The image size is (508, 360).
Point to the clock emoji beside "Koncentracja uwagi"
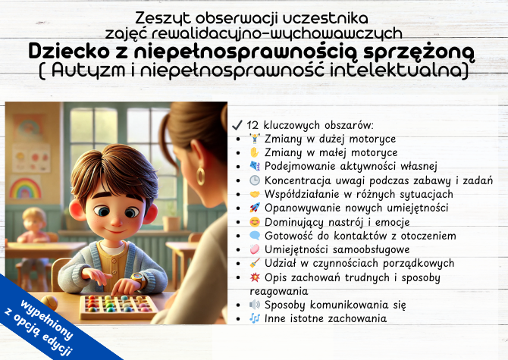[x=254, y=180]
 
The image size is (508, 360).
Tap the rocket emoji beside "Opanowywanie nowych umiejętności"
[x=254, y=208]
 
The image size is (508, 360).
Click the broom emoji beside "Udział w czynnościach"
[x=254, y=263]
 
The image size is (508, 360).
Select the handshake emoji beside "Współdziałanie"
[x=254, y=194]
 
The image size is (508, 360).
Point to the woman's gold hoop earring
[x=201, y=177]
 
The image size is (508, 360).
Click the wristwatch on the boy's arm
[x=137, y=280]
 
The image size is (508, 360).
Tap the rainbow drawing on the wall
[x=24, y=187]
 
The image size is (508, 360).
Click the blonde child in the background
[x=33, y=227]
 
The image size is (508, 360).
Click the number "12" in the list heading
[x=253, y=125]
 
